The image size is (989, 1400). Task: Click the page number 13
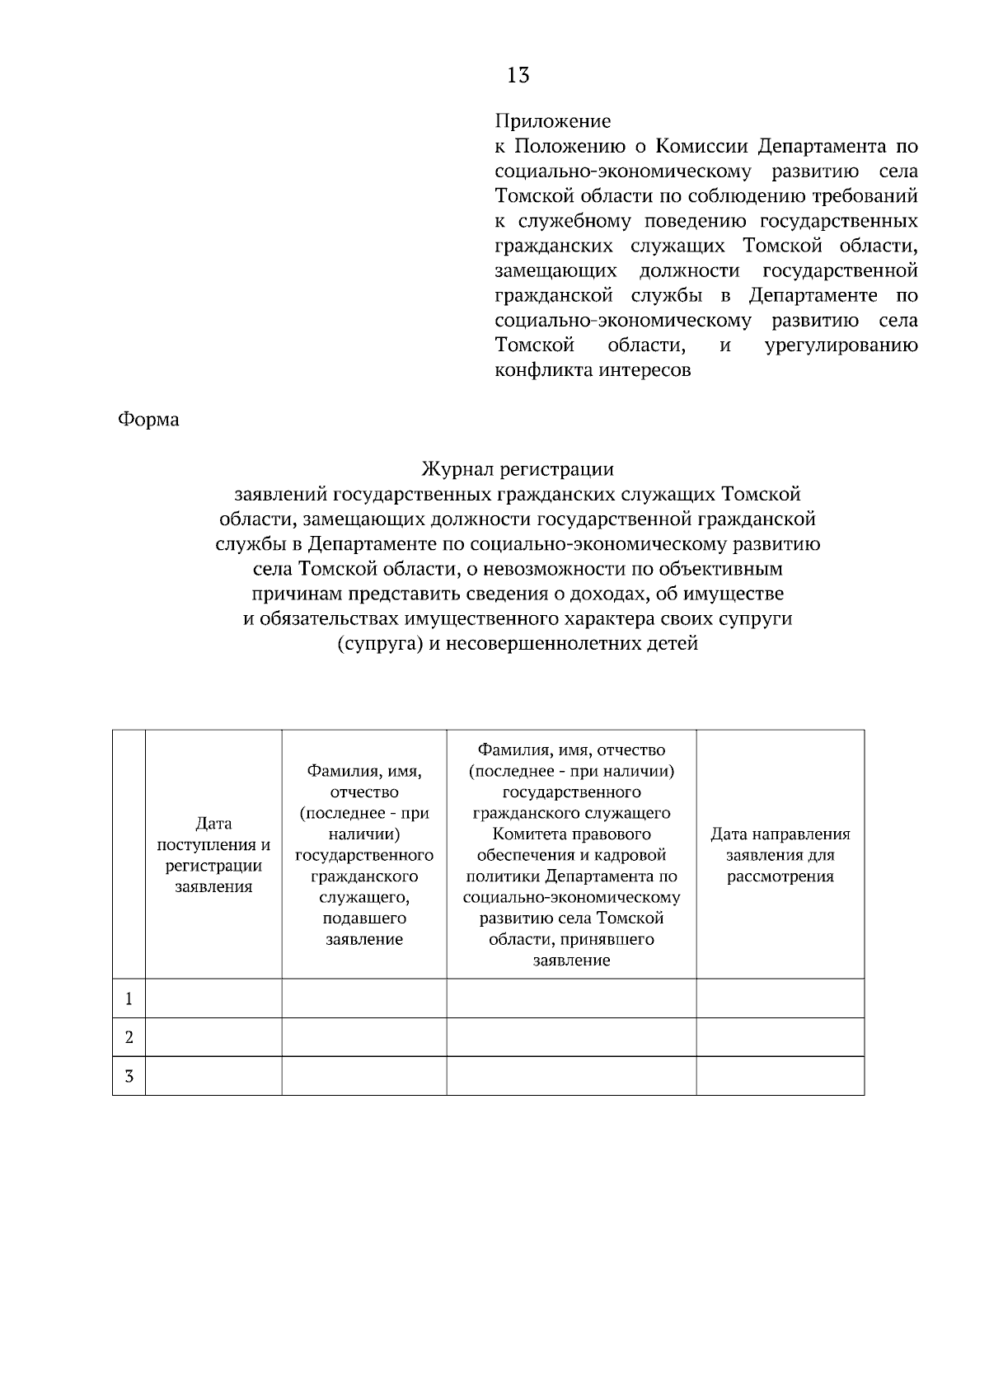tap(518, 76)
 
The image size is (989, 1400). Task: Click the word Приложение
tap(552, 121)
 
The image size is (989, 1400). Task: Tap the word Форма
tap(148, 420)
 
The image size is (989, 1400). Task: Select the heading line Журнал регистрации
tap(518, 469)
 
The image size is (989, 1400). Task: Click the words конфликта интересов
tap(592, 370)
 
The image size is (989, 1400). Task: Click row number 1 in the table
tap(129, 999)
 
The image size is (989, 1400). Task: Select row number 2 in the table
tap(129, 1037)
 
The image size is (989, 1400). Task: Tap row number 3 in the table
tap(129, 1076)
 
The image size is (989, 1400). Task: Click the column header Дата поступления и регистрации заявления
tap(213, 855)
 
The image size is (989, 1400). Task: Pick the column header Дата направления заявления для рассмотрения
tap(780, 855)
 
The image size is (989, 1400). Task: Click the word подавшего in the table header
tap(363, 918)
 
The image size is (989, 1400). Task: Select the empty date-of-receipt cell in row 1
tap(213, 998)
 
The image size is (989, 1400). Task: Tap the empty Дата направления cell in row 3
tap(780, 1076)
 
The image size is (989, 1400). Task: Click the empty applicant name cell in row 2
tap(363, 1037)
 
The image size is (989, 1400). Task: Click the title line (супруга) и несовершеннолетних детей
tap(518, 644)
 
